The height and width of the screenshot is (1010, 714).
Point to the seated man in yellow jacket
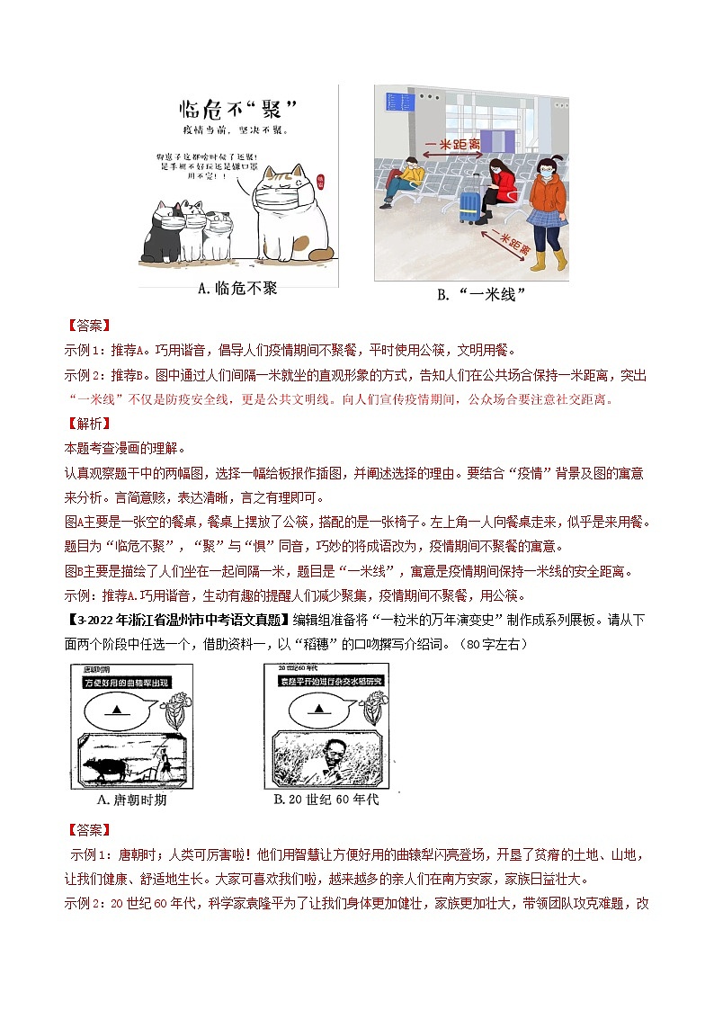[x=402, y=179]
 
